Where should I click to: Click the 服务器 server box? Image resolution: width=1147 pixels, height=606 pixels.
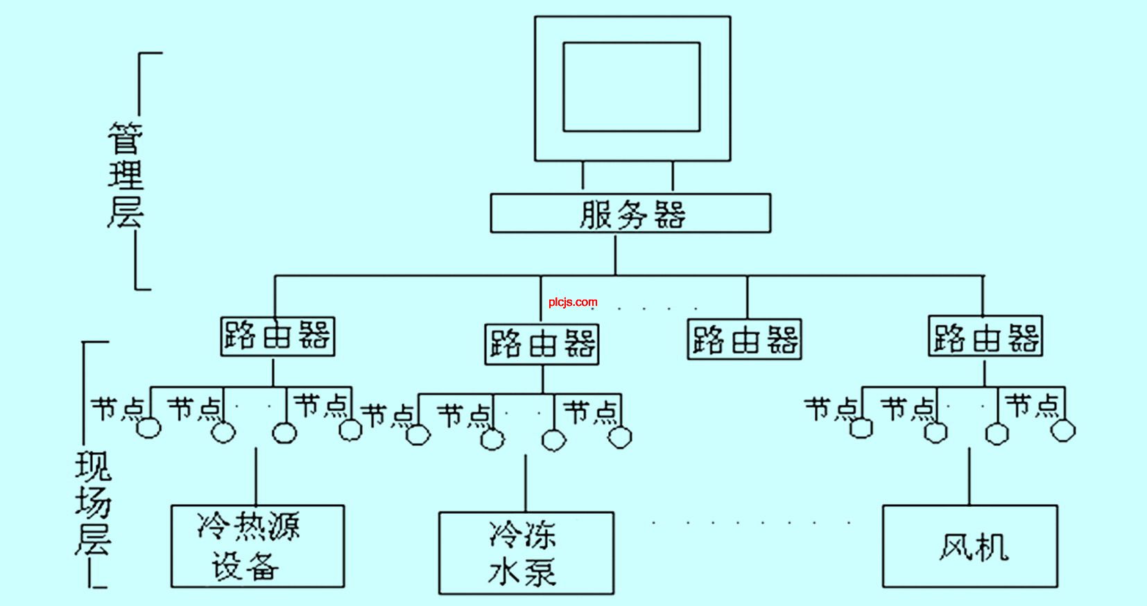click(x=630, y=214)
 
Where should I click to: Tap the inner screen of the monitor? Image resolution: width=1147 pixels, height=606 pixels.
click(x=631, y=87)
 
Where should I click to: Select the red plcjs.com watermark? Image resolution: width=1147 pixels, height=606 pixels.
click(x=573, y=302)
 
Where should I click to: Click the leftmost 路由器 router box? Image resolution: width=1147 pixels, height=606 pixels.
click(x=277, y=336)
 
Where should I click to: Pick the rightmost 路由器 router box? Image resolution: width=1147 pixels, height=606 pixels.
click(x=985, y=336)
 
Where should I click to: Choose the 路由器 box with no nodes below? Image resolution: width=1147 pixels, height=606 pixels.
click(x=744, y=339)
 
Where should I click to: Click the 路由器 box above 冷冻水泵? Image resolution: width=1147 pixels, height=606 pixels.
click(x=542, y=344)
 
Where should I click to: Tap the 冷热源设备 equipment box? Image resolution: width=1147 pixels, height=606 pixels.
click(x=257, y=546)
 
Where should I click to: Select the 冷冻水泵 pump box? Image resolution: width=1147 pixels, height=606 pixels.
click(x=526, y=553)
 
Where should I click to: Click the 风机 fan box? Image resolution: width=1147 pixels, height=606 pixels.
click(x=970, y=546)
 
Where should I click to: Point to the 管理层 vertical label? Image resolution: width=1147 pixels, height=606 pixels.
click(x=126, y=175)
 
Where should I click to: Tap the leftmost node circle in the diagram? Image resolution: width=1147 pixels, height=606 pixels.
click(x=149, y=428)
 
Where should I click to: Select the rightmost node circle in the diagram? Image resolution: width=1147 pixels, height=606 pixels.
click(x=1063, y=430)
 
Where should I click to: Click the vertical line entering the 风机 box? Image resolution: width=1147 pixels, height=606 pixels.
click(x=969, y=476)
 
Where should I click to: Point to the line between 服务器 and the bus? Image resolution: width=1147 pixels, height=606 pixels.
click(x=615, y=254)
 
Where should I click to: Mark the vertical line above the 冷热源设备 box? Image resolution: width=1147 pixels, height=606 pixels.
click(x=256, y=476)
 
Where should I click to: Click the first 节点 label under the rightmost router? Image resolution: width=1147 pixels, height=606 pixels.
click(x=831, y=410)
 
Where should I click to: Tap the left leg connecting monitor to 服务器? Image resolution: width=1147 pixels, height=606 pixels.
click(x=583, y=175)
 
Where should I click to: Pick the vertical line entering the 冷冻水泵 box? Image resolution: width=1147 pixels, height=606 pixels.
click(x=526, y=483)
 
